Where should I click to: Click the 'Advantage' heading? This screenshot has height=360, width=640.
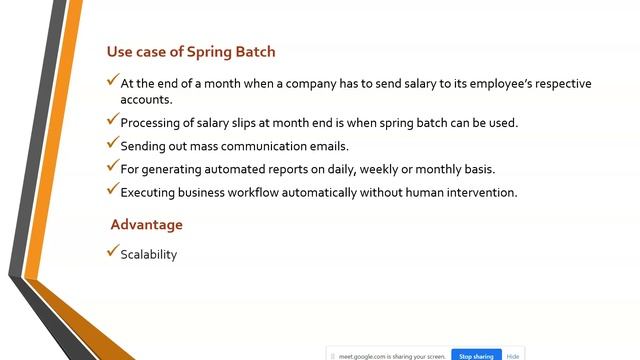pyautogui.click(x=146, y=225)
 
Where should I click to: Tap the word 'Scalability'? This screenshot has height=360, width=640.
pyautogui.click(x=148, y=255)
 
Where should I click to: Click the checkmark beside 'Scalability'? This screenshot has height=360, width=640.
pyautogui.click(x=112, y=252)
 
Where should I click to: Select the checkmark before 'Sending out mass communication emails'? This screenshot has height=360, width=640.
pyautogui.click(x=112, y=143)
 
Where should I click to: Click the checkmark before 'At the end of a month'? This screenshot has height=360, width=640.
pyautogui.click(x=112, y=81)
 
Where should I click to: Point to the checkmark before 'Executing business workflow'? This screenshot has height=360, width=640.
pyautogui.click(x=112, y=189)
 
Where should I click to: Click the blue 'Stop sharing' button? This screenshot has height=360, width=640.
pyautogui.click(x=475, y=355)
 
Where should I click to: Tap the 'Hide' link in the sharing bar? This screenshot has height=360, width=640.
pyautogui.click(x=512, y=355)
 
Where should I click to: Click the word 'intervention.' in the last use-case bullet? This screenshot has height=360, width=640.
pyautogui.click(x=478, y=192)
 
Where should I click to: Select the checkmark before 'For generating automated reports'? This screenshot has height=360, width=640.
pyautogui.click(x=112, y=166)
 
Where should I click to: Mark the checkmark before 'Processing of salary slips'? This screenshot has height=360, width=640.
pyautogui.click(x=112, y=120)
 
